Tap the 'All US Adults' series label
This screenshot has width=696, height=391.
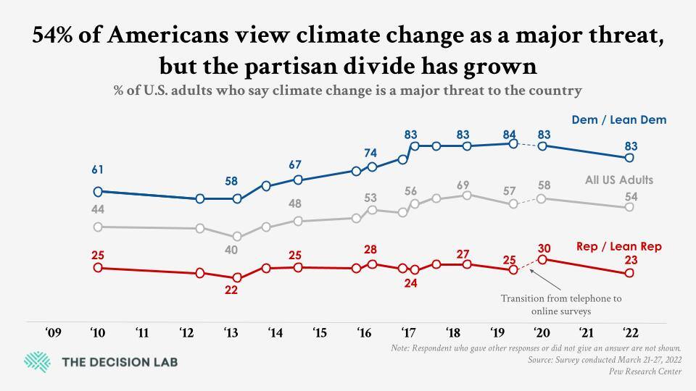[619, 180]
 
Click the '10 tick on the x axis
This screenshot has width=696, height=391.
[97, 333]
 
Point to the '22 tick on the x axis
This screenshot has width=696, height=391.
[629, 333]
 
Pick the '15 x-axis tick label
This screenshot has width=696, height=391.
[320, 333]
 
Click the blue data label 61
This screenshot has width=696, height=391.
[97, 170]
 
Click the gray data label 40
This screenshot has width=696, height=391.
[231, 250]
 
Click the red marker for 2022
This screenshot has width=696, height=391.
[629, 273]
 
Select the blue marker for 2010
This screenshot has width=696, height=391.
[97, 192]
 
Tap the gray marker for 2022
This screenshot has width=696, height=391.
[629, 207]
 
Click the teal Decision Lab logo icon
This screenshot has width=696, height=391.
[38, 361]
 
